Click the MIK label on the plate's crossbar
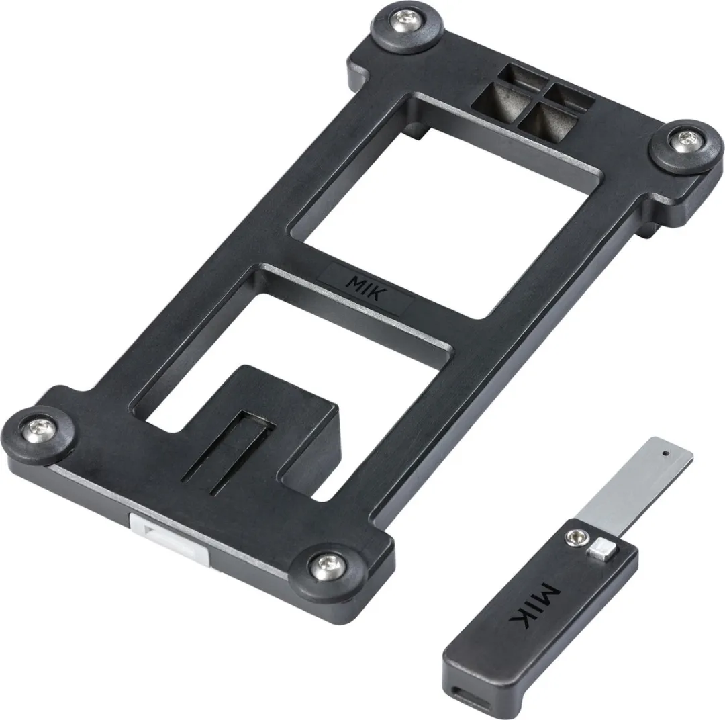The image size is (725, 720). coord(365,288)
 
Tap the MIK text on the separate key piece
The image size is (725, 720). coord(534,606)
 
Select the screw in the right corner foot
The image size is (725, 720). coord(685,140)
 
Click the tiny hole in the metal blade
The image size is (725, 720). coord(665,453)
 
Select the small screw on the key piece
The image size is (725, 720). coord(576,538)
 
